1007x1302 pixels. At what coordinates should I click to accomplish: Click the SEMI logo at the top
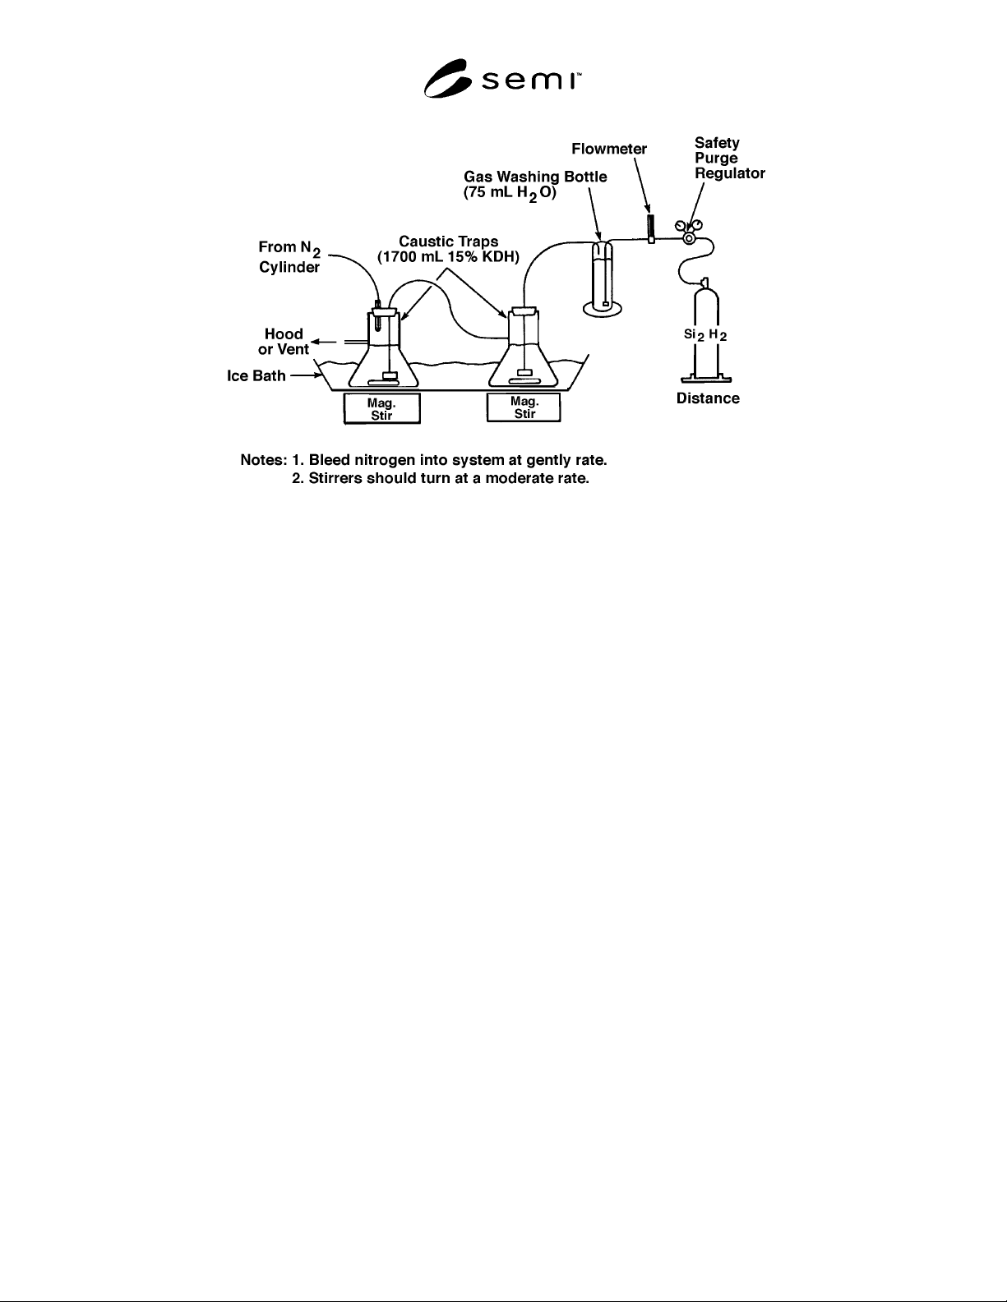[502, 78]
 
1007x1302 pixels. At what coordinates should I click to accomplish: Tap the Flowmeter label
[609, 149]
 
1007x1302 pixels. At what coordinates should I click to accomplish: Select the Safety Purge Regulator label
[729, 159]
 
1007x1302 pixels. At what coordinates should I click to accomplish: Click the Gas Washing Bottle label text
[535, 185]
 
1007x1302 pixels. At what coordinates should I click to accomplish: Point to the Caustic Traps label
[448, 249]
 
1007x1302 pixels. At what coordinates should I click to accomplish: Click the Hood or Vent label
[284, 342]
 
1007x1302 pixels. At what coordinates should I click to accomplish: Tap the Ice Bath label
[256, 375]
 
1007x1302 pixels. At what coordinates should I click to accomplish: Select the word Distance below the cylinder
[708, 398]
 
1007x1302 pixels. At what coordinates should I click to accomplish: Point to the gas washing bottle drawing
[603, 278]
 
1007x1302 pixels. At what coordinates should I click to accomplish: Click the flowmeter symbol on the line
[651, 229]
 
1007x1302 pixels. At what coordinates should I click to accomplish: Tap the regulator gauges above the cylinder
[689, 232]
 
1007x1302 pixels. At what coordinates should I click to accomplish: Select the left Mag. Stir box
[381, 408]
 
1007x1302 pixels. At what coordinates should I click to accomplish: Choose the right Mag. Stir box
[524, 407]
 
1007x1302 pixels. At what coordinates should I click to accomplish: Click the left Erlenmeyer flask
[383, 347]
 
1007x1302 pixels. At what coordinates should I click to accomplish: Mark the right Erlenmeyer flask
[524, 347]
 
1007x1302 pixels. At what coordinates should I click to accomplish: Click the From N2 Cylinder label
[289, 257]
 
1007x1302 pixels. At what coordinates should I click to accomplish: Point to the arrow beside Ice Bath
[307, 375]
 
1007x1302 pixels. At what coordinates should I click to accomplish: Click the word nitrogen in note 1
[385, 461]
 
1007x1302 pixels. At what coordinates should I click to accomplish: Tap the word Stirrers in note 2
[335, 478]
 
